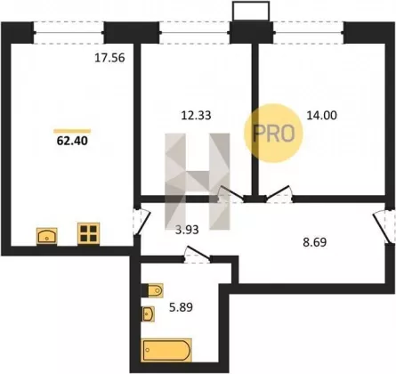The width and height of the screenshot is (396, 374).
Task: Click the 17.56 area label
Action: pyautogui.click(x=109, y=58)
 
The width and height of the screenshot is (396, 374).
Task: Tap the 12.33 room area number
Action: pyautogui.click(x=196, y=115)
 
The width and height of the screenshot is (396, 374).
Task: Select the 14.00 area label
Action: pyautogui.click(x=321, y=115)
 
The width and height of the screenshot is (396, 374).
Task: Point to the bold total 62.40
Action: pyautogui.click(x=72, y=141)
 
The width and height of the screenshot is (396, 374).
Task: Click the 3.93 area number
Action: pyautogui.click(x=187, y=230)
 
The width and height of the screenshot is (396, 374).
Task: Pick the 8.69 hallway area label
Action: pyautogui.click(x=315, y=242)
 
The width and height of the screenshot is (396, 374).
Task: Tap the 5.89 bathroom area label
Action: pyautogui.click(x=181, y=307)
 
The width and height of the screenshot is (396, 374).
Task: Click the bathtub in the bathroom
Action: pyautogui.click(x=166, y=350)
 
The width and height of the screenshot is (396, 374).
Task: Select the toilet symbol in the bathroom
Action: pyautogui.click(x=156, y=290)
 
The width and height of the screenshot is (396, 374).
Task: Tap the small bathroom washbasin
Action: pyautogui.click(x=148, y=314)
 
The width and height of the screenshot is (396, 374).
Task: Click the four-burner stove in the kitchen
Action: pyautogui.click(x=89, y=233)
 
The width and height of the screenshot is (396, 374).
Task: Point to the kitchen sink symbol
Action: pyautogui.click(x=47, y=236)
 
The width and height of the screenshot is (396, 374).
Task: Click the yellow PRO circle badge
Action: pyautogui.click(x=273, y=133)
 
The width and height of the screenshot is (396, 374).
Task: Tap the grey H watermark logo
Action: pyautogui.click(x=198, y=182)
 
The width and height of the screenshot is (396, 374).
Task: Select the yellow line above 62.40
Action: pyautogui.click(x=72, y=131)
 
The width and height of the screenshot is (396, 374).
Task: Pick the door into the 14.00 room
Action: pyautogui.click(x=279, y=192)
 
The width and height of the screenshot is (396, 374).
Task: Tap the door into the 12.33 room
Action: pyautogui.click(x=231, y=193)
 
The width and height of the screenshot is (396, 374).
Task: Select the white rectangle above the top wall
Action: pyautogui.click(x=251, y=11)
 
